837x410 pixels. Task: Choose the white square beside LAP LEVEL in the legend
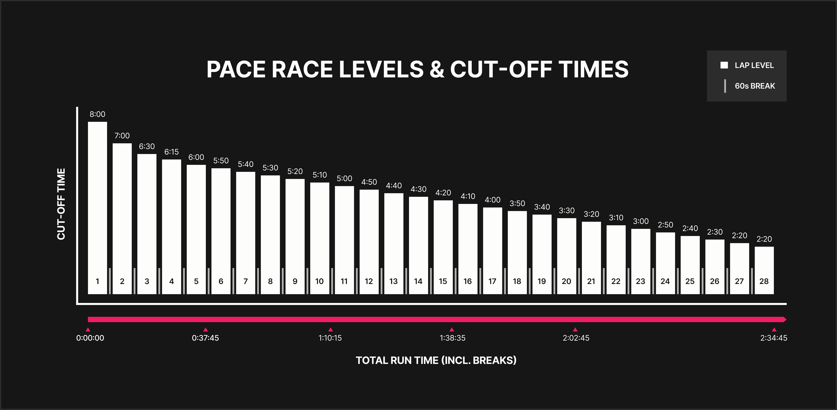[724, 65]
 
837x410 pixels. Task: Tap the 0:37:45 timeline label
[205, 338]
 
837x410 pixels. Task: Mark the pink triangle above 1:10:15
[330, 329]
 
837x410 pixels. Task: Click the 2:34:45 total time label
[774, 338]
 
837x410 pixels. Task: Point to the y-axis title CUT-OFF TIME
[61, 204]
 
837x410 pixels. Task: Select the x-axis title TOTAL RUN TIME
[436, 360]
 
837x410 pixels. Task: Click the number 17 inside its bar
[492, 281]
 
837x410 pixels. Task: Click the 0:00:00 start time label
[90, 338]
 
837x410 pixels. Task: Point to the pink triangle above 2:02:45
[575, 329]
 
